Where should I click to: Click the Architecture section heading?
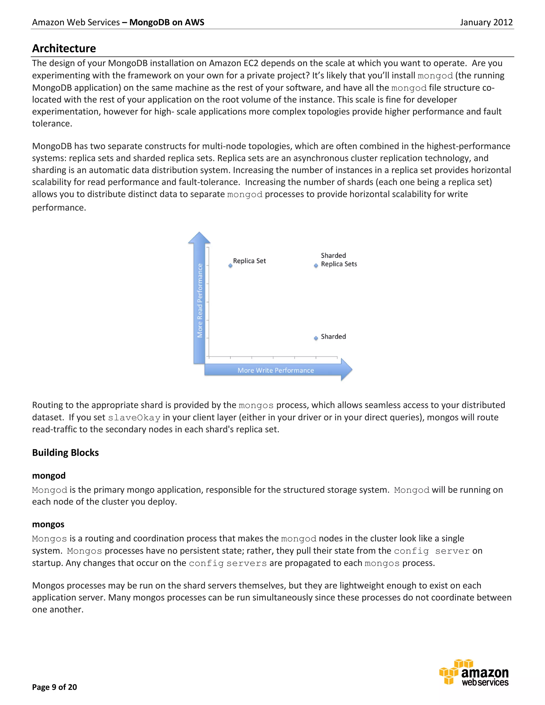[x=64, y=48]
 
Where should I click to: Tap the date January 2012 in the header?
[x=486, y=22]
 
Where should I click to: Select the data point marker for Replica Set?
[x=230, y=266]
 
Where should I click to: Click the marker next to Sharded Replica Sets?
[x=316, y=266]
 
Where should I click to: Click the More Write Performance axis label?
[x=275, y=370]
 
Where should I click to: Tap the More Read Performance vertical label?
[x=200, y=301]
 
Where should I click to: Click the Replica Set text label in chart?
[x=249, y=261]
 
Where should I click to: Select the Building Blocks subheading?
[x=65, y=453]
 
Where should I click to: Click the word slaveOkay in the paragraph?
[x=134, y=418]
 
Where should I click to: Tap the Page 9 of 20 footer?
[x=54, y=687]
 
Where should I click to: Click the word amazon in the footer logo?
[x=485, y=673]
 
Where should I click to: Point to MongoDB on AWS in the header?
[x=167, y=22]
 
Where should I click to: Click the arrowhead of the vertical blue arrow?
[x=199, y=238]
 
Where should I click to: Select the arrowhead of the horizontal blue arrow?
[x=346, y=370]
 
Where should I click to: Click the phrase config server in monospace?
[x=432, y=551]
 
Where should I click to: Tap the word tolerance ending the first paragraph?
[x=51, y=124]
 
